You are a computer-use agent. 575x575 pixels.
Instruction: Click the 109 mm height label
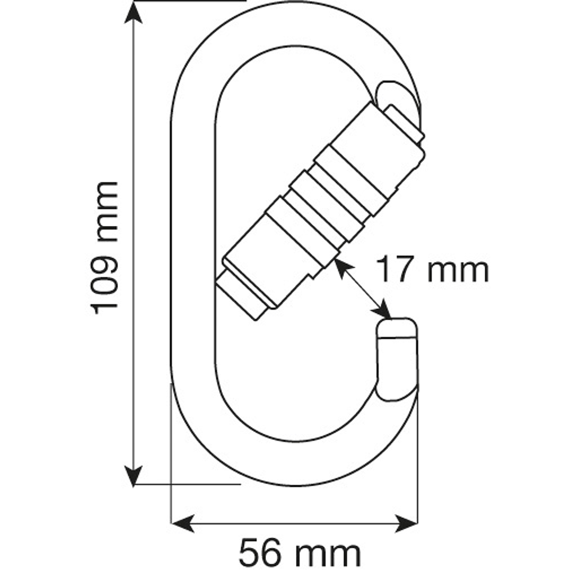(x=105, y=247)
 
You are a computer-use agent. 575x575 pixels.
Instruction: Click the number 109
(x=105, y=285)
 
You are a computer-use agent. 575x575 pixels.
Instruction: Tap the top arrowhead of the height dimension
(x=133, y=13)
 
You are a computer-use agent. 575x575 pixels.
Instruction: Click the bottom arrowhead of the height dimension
(x=133, y=477)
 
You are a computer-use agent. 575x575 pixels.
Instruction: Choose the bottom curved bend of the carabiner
(x=293, y=462)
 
